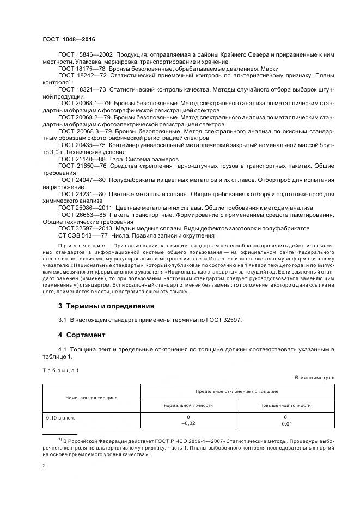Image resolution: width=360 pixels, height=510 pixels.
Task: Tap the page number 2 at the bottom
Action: tap(44, 466)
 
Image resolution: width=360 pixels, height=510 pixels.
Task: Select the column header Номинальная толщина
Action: tap(91, 398)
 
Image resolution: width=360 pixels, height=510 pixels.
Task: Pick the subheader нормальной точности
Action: tap(188, 405)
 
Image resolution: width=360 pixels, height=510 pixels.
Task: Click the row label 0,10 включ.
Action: tap(60, 418)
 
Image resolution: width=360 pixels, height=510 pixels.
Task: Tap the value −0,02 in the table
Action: tap(188, 423)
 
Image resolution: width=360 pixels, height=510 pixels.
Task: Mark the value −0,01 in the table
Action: tap(285, 423)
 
